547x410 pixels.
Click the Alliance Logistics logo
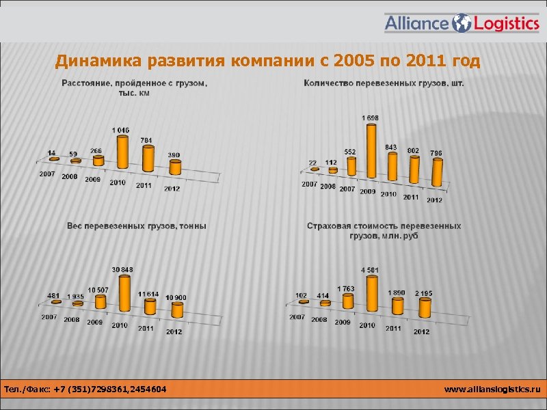tap(462, 23)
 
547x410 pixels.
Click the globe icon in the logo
tap(462, 23)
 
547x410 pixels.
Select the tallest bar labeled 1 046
tap(122, 152)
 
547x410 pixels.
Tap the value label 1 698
tap(371, 118)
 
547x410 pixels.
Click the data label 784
tap(146, 140)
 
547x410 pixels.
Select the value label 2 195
tap(423, 293)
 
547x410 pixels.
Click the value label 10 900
tap(176, 297)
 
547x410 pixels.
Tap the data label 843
tap(391, 147)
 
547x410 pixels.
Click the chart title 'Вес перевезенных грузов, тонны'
tap(137, 225)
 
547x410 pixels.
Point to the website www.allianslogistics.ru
tap(492, 389)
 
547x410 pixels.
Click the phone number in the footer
tap(85, 389)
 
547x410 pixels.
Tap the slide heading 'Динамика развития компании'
tap(267, 62)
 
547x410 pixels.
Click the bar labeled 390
tap(175, 167)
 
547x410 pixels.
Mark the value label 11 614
tap(148, 294)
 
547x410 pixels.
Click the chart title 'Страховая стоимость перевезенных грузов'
tap(384, 230)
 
